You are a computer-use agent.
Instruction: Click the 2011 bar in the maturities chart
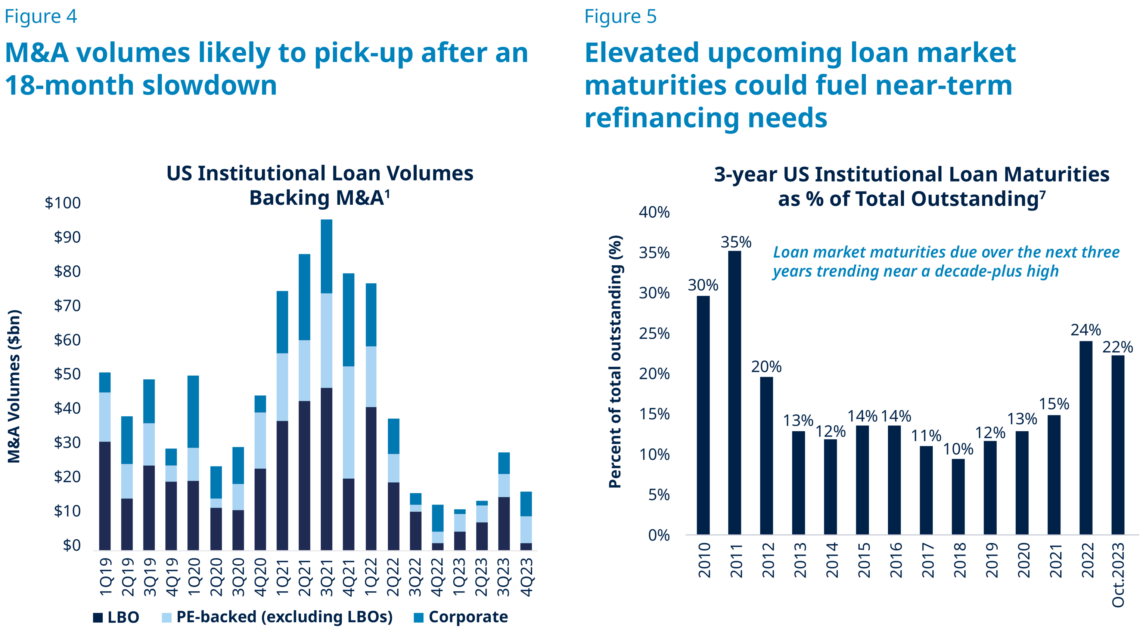coord(735,392)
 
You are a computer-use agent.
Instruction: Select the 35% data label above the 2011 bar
coord(736,242)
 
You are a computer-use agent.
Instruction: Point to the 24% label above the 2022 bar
coord(1086,330)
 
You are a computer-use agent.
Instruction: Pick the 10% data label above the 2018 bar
coord(958,449)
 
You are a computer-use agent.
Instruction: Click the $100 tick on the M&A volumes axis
coord(63,203)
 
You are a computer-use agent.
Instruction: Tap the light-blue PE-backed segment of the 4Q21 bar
coord(349,422)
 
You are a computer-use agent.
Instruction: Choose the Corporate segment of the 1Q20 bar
coord(193,412)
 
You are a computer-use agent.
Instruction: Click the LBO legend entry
coord(116,617)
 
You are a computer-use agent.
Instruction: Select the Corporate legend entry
coord(461,617)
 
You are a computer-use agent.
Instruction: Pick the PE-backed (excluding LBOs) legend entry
coord(277,617)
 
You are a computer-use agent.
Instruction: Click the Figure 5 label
coord(620,16)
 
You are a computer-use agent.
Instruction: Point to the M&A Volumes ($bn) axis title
coord(15,386)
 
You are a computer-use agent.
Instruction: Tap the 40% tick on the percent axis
coord(654,212)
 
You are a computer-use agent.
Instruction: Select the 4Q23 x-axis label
coord(527,577)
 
